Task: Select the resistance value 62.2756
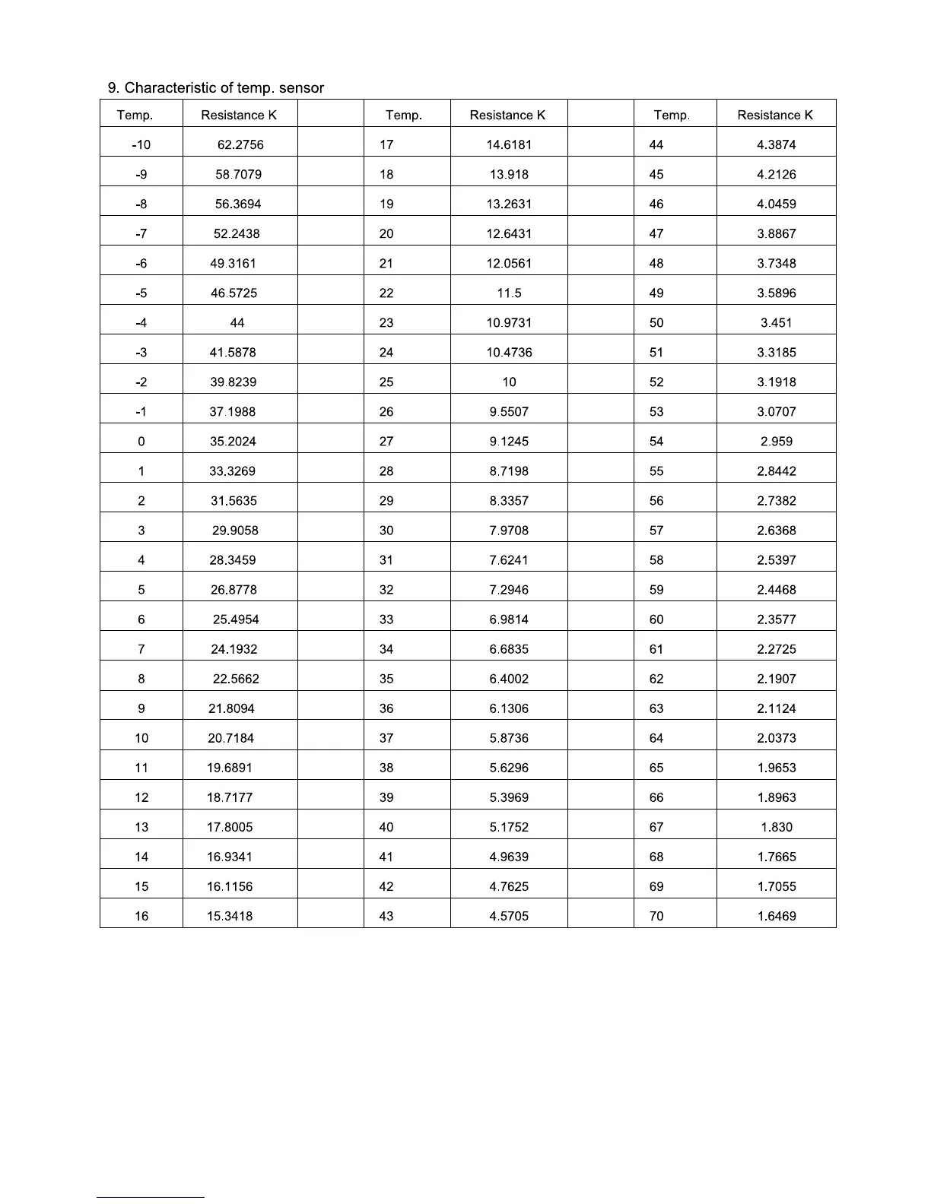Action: [x=240, y=144]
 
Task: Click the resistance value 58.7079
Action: [x=238, y=174]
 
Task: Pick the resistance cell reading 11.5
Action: [x=509, y=293]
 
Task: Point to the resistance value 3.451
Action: [x=776, y=322]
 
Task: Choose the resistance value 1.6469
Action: [x=776, y=916]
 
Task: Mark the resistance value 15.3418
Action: [x=230, y=916]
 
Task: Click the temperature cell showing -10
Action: [x=141, y=144]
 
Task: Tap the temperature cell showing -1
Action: [x=141, y=411]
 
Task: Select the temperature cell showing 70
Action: [x=656, y=916]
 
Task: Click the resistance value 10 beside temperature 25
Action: [x=509, y=382]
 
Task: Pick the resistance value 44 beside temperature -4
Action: [x=237, y=322]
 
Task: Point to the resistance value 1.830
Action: [x=776, y=827]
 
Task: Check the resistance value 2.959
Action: [x=776, y=441]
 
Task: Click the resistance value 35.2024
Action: [x=233, y=441]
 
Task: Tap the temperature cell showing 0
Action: [x=141, y=441]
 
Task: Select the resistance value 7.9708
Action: [x=509, y=530]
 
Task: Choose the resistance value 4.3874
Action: [x=776, y=144]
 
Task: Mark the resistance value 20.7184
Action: [x=231, y=738]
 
